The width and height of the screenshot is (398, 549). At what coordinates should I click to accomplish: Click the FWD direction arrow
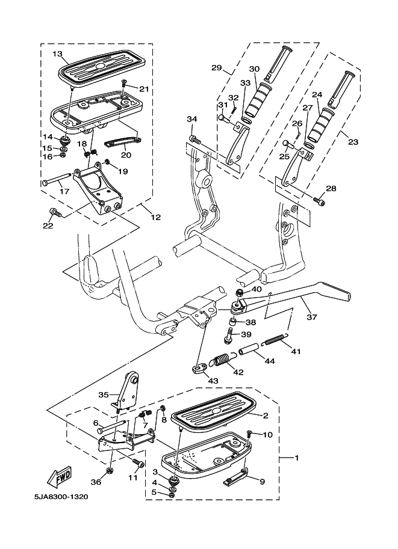point(61,477)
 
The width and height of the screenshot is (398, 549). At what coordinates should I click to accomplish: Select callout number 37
point(311,317)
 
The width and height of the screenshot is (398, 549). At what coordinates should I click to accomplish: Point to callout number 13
point(57,54)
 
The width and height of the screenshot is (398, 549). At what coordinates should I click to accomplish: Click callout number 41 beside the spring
point(296,351)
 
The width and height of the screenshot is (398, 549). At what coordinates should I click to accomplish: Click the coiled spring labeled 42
point(222,361)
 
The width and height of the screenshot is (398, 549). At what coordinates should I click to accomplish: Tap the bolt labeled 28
point(319,201)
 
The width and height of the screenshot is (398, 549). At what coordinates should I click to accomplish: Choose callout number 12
point(155,217)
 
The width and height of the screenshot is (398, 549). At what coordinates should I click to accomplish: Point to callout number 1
point(296,458)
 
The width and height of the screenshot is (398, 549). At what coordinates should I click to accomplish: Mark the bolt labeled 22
point(55,212)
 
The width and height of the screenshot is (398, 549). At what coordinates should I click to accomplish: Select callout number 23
point(353,143)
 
